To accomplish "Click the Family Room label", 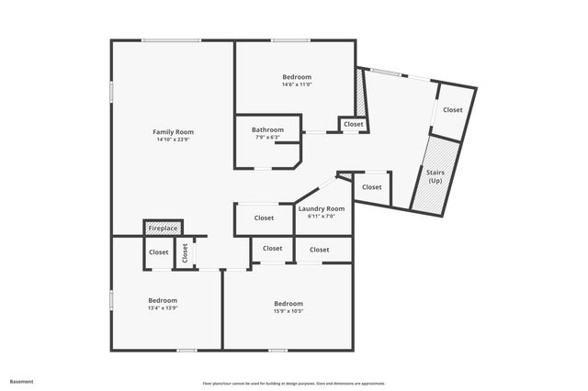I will pyautogui.click(x=173, y=132).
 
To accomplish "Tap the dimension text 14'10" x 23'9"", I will pyautogui.click(x=173, y=140).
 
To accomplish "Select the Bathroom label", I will pyautogui.click(x=267, y=129).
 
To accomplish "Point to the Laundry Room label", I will pyautogui.click(x=322, y=208).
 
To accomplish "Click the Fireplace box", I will pyautogui.click(x=163, y=228).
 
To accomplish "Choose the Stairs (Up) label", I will pyautogui.click(x=435, y=175).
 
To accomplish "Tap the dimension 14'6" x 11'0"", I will pyautogui.click(x=297, y=84).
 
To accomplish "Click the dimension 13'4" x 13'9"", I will pyautogui.click(x=163, y=308).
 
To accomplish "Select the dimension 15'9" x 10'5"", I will pyautogui.click(x=288, y=311).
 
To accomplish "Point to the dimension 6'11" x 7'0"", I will pyautogui.click(x=322, y=217).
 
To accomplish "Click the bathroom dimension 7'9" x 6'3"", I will pyautogui.click(x=267, y=138).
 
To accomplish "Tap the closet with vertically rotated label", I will pyautogui.click(x=185, y=253).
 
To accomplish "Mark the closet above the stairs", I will pyautogui.click(x=453, y=110).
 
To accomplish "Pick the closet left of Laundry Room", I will pyautogui.click(x=264, y=218).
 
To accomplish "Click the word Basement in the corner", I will pyautogui.click(x=21, y=380).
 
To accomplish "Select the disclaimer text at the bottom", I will pyautogui.click(x=294, y=384).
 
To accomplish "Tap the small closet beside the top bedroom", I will pyautogui.click(x=354, y=124).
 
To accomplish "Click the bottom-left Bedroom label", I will pyautogui.click(x=163, y=300).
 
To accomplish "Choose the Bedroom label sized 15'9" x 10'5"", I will pyautogui.click(x=288, y=303).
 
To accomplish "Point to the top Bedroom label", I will pyautogui.click(x=297, y=76).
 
